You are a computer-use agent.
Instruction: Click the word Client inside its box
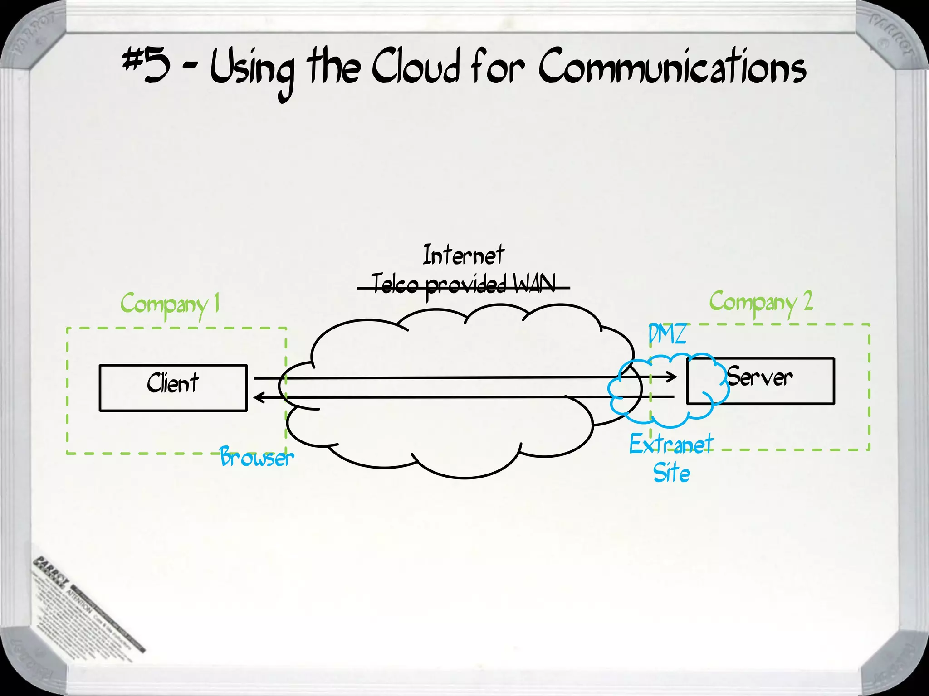[x=173, y=383]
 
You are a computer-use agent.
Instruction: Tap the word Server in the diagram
[x=760, y=377]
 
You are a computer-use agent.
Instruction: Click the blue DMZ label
[x=667, y=335]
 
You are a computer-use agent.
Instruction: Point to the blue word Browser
[x=257, y=457]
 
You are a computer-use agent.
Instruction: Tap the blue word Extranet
[x=671, y=445]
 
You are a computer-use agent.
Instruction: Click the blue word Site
[x=672, y=474]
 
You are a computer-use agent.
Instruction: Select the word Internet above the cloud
[x=463, y=255]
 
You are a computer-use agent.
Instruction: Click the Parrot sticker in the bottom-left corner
[x=86, y=603]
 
